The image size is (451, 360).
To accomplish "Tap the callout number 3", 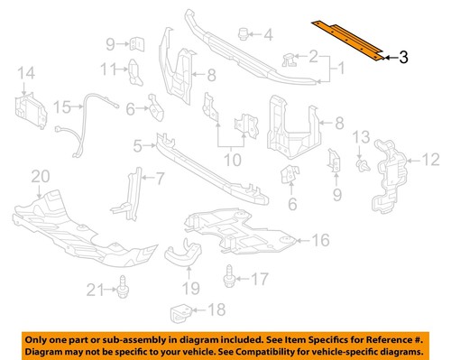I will tap(403, 58).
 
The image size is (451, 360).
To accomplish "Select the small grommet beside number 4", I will tap(243, 34).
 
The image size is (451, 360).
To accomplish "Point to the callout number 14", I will tap(24, 73).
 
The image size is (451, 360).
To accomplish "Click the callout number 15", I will tap(60, 107).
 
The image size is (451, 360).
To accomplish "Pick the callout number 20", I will tap(38, 177).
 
